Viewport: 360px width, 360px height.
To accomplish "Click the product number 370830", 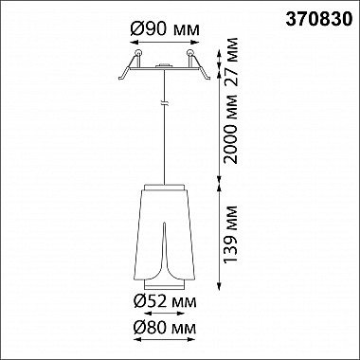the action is pos(319,20).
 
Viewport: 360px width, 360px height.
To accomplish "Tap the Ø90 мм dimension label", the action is pos(165,29).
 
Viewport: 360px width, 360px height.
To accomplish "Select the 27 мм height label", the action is pos(230,62).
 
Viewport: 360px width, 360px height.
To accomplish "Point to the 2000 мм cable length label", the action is pos(230,129).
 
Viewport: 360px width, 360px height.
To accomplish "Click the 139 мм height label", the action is pos(230,234).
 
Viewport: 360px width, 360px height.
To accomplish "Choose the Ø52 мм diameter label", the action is pos(165,301).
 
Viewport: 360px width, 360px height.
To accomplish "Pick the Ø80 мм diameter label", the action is pos(165,328).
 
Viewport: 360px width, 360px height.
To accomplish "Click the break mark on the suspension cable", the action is pos(164,103).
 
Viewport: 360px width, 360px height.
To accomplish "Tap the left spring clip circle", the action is pos(138,53).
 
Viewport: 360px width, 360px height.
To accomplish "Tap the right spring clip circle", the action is pos(190,53).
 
